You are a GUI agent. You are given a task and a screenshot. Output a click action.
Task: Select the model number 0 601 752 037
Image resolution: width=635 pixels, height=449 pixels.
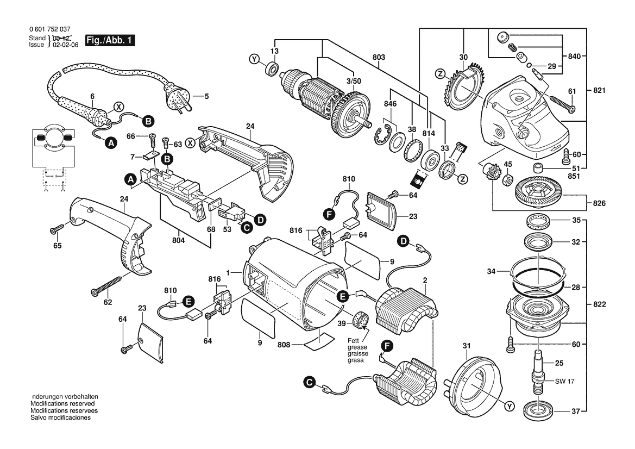(49, 29)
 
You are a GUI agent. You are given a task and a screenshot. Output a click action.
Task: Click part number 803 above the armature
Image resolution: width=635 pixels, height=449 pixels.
(379, 57)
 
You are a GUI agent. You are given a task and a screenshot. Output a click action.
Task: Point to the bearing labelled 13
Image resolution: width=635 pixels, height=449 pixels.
(271, 69)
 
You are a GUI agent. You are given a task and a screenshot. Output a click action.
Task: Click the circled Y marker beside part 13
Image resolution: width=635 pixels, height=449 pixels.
(253, 59)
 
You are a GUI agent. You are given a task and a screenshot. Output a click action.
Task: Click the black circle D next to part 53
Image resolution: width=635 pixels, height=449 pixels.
(260, 220)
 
